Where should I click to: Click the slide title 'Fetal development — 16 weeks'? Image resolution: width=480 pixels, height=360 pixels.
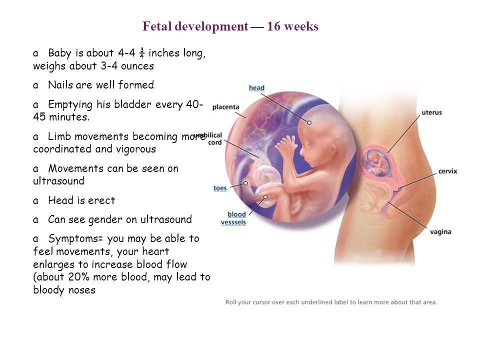[x=230, y=26]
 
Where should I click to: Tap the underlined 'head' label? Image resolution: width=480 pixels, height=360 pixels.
[x=256, y=88]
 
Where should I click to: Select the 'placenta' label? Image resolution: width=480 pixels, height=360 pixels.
[x=225, y=107]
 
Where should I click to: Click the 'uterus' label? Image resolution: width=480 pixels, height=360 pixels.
[x=431, y=112]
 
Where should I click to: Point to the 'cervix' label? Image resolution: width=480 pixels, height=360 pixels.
[x=447, y=171]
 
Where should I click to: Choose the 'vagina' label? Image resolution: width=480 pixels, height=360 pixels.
[x=440, y=231]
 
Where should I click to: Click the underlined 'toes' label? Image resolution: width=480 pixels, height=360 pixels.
[x=220, y=188]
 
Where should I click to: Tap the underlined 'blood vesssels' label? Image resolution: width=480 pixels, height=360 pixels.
[x=233, y=218]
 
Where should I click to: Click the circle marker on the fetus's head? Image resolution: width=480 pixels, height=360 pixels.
[x=309, y=122]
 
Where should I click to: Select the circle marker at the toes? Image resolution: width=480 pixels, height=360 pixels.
[x=245, y=183]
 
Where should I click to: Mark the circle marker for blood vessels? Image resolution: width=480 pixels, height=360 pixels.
[x=265, y=197]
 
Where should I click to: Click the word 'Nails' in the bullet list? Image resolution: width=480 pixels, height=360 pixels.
[x=61, y=85]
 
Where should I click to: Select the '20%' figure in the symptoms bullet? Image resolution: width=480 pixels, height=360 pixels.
[x=78, y=276]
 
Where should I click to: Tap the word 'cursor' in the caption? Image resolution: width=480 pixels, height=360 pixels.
[x=261, y=302]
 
